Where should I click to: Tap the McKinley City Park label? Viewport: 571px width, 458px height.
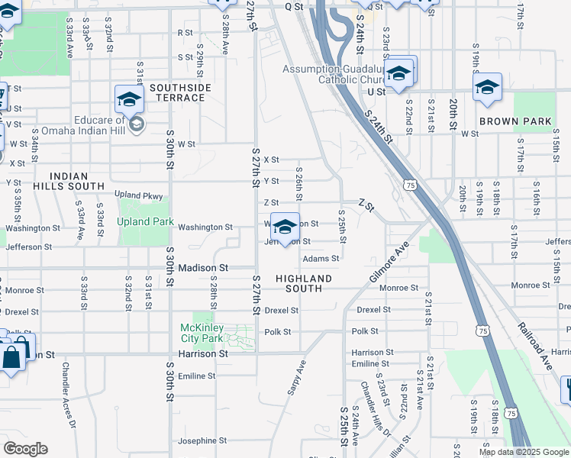202,333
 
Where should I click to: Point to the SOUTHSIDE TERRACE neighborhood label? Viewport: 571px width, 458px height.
180,93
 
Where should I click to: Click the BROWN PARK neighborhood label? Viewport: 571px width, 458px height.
515,121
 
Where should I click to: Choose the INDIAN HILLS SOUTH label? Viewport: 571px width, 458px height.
69,181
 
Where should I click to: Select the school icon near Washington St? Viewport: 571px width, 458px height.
285,227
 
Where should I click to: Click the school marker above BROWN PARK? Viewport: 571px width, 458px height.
487,88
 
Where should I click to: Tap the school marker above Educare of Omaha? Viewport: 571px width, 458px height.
130,100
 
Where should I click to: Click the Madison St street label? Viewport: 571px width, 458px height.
204,269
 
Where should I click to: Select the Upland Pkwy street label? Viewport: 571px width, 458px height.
139,196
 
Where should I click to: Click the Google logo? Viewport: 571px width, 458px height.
25,449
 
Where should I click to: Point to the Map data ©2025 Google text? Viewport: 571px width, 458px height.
524,452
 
